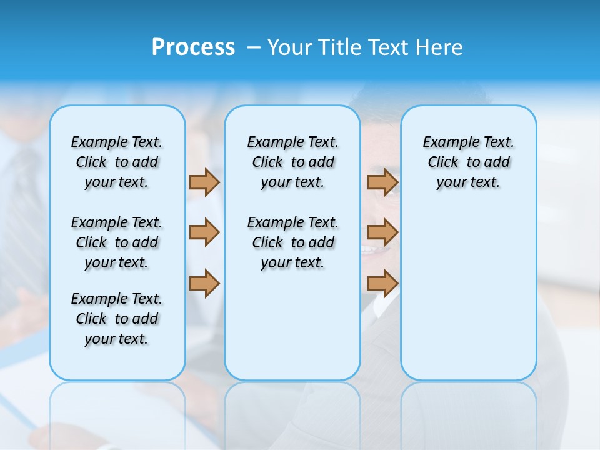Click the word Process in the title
(x=193, y=47)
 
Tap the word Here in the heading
(x=439, y=47)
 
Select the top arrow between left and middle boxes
(x=204, y=182)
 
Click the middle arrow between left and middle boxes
(x=204, y=232)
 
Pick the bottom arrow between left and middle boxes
(x=204, y=283)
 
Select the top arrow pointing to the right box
(x=382, y=182)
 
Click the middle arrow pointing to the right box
(x=382, y=232)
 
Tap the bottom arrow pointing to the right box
(x=382, y=283)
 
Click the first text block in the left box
(x=117, y=162)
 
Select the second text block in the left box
(x=117, y=242)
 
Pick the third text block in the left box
(x=117, y=319)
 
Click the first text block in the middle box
(x=292, y=162)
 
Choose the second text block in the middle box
(x=292, y=242)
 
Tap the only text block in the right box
(x=468, y=162)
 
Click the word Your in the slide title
(x=290, y=47)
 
